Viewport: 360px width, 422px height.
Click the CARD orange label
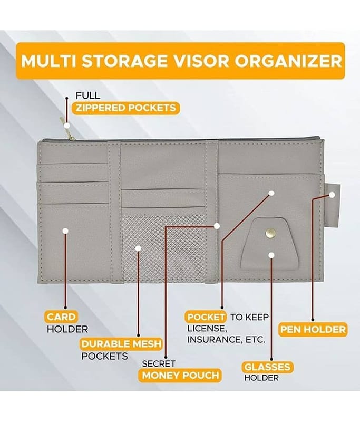pos(61,317)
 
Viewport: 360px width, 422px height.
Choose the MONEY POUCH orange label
pos(180,376)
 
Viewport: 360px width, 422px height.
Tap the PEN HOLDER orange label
pos(313,330)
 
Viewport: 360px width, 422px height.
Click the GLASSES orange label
pos(267,366)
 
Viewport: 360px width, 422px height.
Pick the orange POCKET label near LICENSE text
pos(207,317)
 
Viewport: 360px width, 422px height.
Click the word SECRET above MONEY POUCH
pos(159,363)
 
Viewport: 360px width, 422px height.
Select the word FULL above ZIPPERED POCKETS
pos(87,96)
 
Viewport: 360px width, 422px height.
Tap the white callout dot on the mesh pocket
pos(138,248)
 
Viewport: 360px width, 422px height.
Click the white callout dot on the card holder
pos(65,231)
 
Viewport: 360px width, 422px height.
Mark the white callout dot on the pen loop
pos(332,194)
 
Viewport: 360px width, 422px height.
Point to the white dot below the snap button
pos(271,255)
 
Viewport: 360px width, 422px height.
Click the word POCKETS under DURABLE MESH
pos(104,356)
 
